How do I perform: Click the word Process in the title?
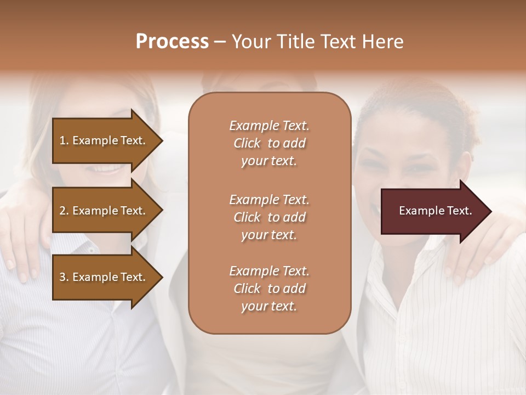(x=172, y=42)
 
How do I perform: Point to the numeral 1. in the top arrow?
(x=64, y=140)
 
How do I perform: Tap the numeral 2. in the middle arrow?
(x=64, y=211)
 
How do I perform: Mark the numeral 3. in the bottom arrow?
(x=64, y=277)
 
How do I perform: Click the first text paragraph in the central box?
(x=269, y=143)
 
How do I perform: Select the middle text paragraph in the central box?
(x=269, y=217)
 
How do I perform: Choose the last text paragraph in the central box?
(x=269, y=289)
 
